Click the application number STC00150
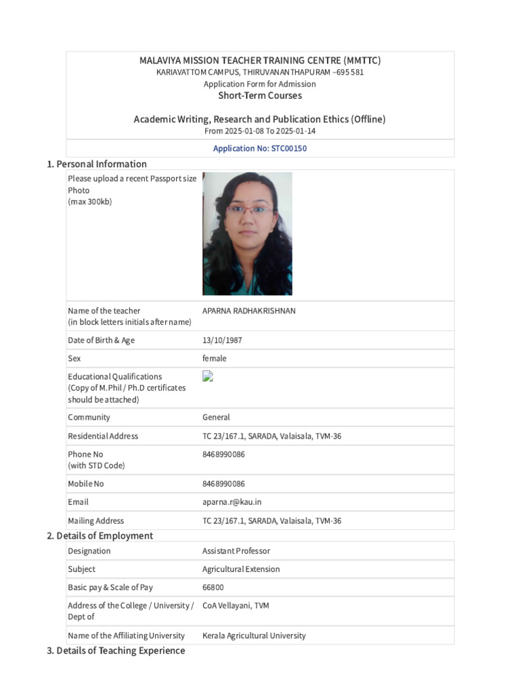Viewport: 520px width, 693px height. [x=260, y=148]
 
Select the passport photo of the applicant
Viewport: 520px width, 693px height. [x=247, y=233]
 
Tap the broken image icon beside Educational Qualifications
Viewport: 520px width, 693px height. [x=208, y=376]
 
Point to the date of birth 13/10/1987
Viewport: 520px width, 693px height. [x=222, y=340]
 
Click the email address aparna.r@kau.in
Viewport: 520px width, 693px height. [x=232, y=502]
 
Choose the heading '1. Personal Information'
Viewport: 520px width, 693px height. [x=96, y=164]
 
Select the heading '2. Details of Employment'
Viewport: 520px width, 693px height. [x=100, y=536]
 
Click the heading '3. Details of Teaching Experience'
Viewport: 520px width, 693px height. [x=115, y=651]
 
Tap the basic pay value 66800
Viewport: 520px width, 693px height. [x=213, y=587]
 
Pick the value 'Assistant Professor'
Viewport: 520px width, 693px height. [x=236, y=551]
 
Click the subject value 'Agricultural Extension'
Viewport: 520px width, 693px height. [x=241, y=569]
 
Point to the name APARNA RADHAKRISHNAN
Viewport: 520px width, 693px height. [x=249, y=311]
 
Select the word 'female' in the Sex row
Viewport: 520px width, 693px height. [x=215, y=359]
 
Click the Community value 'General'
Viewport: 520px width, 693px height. [x=216, y=418]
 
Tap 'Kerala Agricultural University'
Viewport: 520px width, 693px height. [x=254, y=635]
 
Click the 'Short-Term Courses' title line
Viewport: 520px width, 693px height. [x=260, y=95]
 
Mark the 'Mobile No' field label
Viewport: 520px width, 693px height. [x=86, y=484]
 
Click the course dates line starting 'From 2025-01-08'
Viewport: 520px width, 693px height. [x=260, y=131]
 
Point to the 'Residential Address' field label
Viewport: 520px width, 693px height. [x=103, y=436]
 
